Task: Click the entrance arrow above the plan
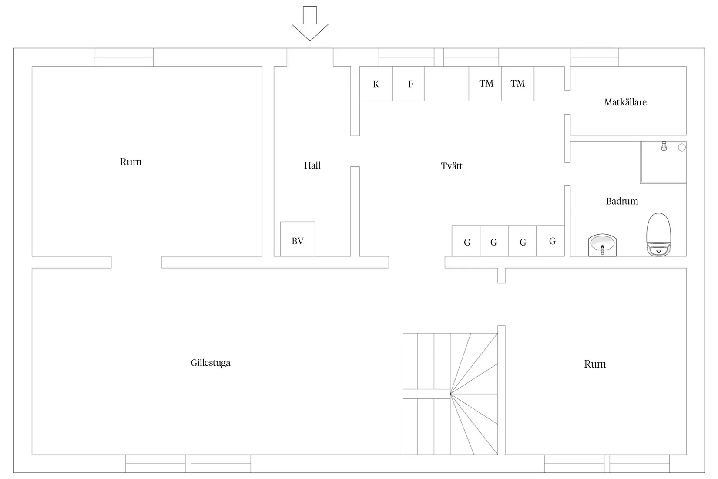coord(310,24)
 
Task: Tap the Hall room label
coord(312,165)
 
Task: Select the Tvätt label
coord(452,166)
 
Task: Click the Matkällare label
coord(625,102)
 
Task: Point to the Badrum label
coord(622,201)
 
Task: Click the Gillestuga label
coord(211,363)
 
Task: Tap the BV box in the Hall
coord(298,239)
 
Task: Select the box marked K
coord(376,84)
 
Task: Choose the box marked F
coord(408,84)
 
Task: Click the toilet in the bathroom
coord(659,234)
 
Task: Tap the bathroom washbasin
coord(602,245)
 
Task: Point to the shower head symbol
coord(664,146)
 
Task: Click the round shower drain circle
coord(682,147)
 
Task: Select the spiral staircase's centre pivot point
coord(450,394)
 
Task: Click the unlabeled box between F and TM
coord(447,84)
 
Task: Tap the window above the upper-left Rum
coord(124,57)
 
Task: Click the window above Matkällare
coord(594,57)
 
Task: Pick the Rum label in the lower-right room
coord(595,364)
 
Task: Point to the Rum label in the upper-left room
coord(131,162)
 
